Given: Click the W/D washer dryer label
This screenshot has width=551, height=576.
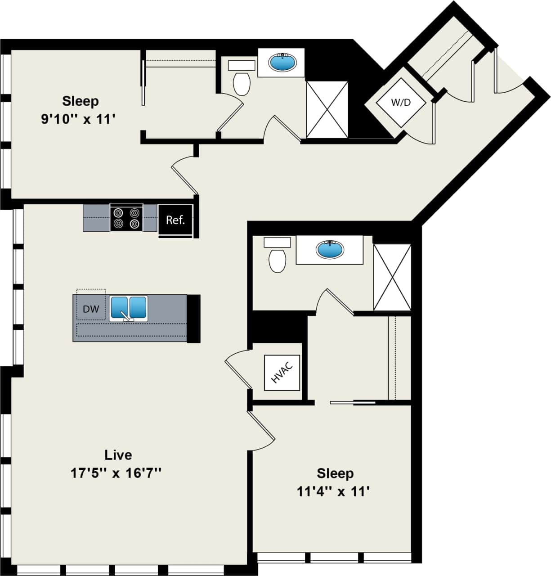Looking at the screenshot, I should [400, 103].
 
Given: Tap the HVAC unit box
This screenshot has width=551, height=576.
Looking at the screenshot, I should [282, 373].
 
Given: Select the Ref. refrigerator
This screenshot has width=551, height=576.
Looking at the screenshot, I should [175, 220].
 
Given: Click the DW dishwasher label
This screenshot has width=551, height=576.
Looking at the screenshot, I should [91, 309].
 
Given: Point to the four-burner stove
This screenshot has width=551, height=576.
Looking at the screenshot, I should [126, 218].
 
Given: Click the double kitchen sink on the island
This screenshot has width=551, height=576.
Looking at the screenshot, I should [129, 308].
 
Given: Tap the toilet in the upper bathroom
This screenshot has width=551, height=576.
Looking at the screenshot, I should [242, 82].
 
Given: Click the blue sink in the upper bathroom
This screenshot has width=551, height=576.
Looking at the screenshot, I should [282, 62].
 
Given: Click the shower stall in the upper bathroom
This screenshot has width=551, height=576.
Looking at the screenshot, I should [327, 109].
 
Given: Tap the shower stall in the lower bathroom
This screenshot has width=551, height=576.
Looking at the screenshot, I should [392, 277].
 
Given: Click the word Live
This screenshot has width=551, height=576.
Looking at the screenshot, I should [118, 455].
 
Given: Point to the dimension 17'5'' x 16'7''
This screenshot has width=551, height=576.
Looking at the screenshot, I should [116, 473].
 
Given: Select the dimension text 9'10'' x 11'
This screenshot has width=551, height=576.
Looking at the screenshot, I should [79, 120].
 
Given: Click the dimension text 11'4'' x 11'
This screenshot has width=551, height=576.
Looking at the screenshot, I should [333, 492].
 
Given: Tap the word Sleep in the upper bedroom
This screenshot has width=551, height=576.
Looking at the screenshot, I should [81, 101].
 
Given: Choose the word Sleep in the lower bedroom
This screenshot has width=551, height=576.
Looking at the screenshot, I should [335, 473].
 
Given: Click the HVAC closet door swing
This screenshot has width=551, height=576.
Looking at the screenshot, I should [236, 367].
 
